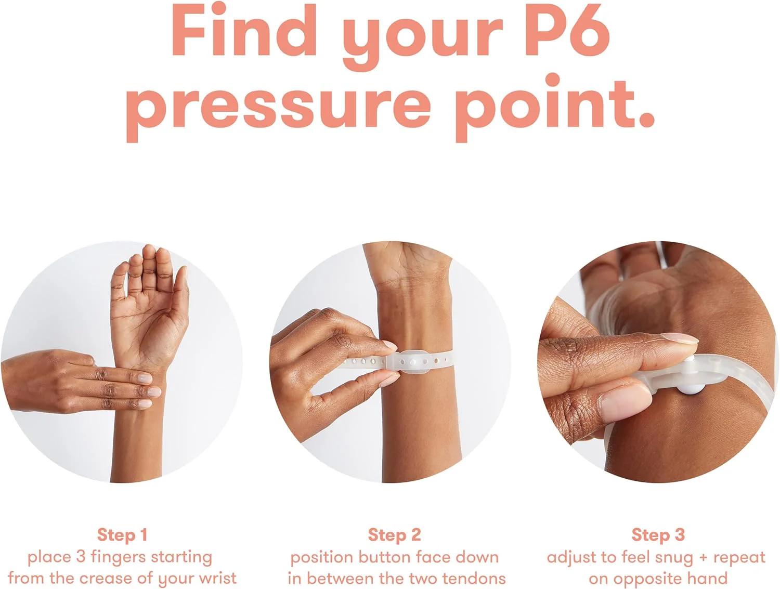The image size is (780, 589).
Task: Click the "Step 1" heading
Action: point(122,534)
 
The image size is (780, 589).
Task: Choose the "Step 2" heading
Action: point(395,534)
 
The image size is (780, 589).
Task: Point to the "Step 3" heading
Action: point(658,534)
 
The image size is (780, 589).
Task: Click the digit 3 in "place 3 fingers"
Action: point(81,557)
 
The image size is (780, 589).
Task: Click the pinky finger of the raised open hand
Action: point(120,284)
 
